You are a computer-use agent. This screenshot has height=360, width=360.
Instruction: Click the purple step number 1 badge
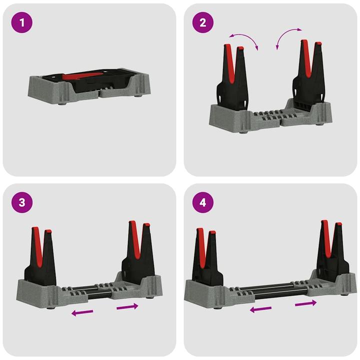[20, 22]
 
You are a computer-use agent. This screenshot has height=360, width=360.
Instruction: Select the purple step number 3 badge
[20, 203]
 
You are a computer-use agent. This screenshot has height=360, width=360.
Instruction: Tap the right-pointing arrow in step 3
[127, 306]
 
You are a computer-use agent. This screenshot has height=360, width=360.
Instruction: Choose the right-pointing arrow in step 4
[305, 303]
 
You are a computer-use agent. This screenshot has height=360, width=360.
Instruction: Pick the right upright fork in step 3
[137, 250]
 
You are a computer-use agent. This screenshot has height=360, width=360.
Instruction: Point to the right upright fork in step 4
[331, 250]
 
